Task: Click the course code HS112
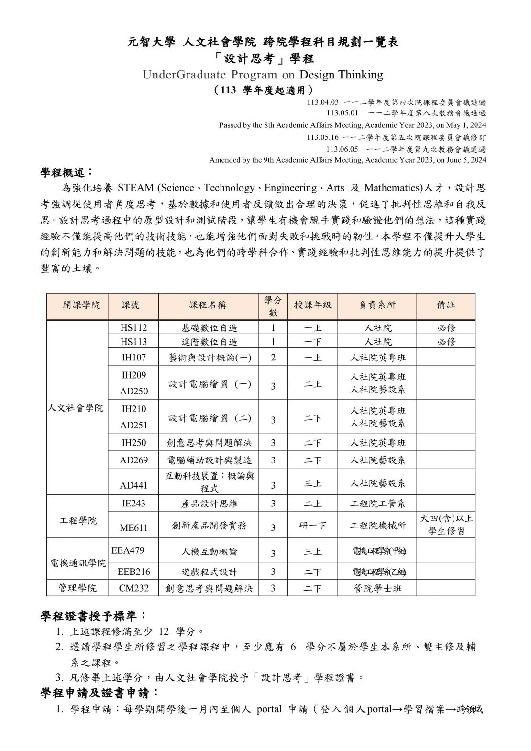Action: [x=133, y=327]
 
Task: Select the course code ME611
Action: [x=133, y=527]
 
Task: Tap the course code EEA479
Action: [x=128, y=550]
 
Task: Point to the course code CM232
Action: [x=133, y=588]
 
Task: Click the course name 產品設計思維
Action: [x=209, y=504]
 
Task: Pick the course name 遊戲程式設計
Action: [x=209, y=572]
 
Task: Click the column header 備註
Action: [x=445, y=305]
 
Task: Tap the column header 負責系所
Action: [x=377, y=305]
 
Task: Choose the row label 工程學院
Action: [x=78, y=520]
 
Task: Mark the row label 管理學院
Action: [x=77, y=588]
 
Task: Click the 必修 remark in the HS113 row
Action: [x=446, y=342]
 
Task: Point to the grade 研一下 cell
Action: [x=312, y=526]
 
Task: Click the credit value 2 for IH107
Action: [x=273, y=358]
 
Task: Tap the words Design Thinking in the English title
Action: [x=341, y=75]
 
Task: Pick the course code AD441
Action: [x=133, y=485]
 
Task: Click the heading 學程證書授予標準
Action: [x=93, y=615]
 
